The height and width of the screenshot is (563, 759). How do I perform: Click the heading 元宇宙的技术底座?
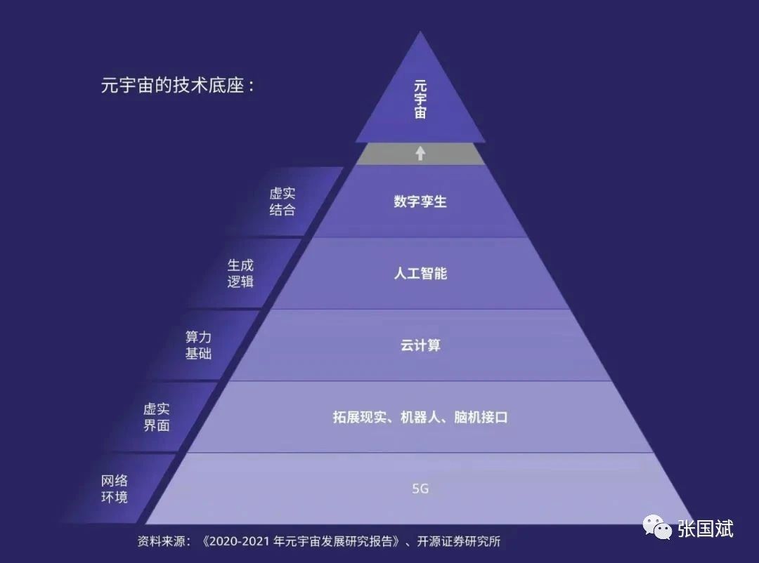click(177, 86)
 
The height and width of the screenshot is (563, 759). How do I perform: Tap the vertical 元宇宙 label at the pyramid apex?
click(420, 100)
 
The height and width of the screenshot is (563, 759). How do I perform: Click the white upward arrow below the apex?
click(420, 153)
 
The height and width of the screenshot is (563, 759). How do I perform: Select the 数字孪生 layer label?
click(420, 202)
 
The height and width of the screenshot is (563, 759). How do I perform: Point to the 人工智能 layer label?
click(420, 274)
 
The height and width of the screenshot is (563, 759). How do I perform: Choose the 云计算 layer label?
click(420, 345)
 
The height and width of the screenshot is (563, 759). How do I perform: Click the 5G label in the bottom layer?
click(420, 489)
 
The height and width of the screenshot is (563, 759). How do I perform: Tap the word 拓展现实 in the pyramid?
click(359, 418)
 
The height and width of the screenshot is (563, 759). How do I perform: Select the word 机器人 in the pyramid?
click(420, 418)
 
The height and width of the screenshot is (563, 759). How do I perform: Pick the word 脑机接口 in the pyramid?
click(481, 418)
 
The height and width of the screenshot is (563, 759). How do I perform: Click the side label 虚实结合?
click(282, 202)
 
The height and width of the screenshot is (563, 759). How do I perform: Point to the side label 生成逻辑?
click(240, 274)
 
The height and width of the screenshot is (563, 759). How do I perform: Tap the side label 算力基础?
click(198, 345)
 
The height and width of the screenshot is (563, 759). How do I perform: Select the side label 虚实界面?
click(157, 417)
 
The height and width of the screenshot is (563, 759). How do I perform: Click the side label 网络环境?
click(115, 489)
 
